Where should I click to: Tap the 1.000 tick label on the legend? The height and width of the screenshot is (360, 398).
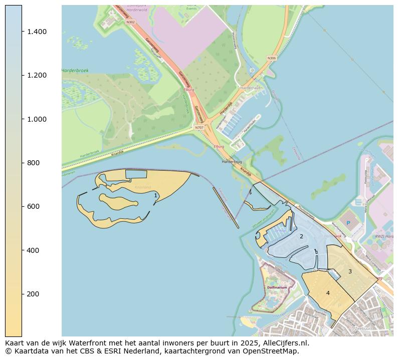click(37, 119)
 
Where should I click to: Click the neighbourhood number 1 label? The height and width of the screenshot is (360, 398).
click(155, 195)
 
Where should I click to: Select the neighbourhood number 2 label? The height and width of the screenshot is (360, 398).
click(301, 236)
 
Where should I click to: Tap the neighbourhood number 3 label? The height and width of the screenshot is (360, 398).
click(350, 271)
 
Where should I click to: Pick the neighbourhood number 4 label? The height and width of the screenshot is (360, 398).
click(328, 293)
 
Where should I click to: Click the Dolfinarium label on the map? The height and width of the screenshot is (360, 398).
click(277, 288)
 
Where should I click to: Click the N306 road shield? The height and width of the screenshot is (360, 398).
click(271, 58)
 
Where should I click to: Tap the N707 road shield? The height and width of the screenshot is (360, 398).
click(199, 128)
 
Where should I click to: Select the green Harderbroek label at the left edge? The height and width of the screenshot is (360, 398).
click(75, 71)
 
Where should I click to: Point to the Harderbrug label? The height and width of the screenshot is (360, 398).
click(232, 162)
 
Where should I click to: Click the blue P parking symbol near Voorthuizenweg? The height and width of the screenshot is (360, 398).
click(348, 223)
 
